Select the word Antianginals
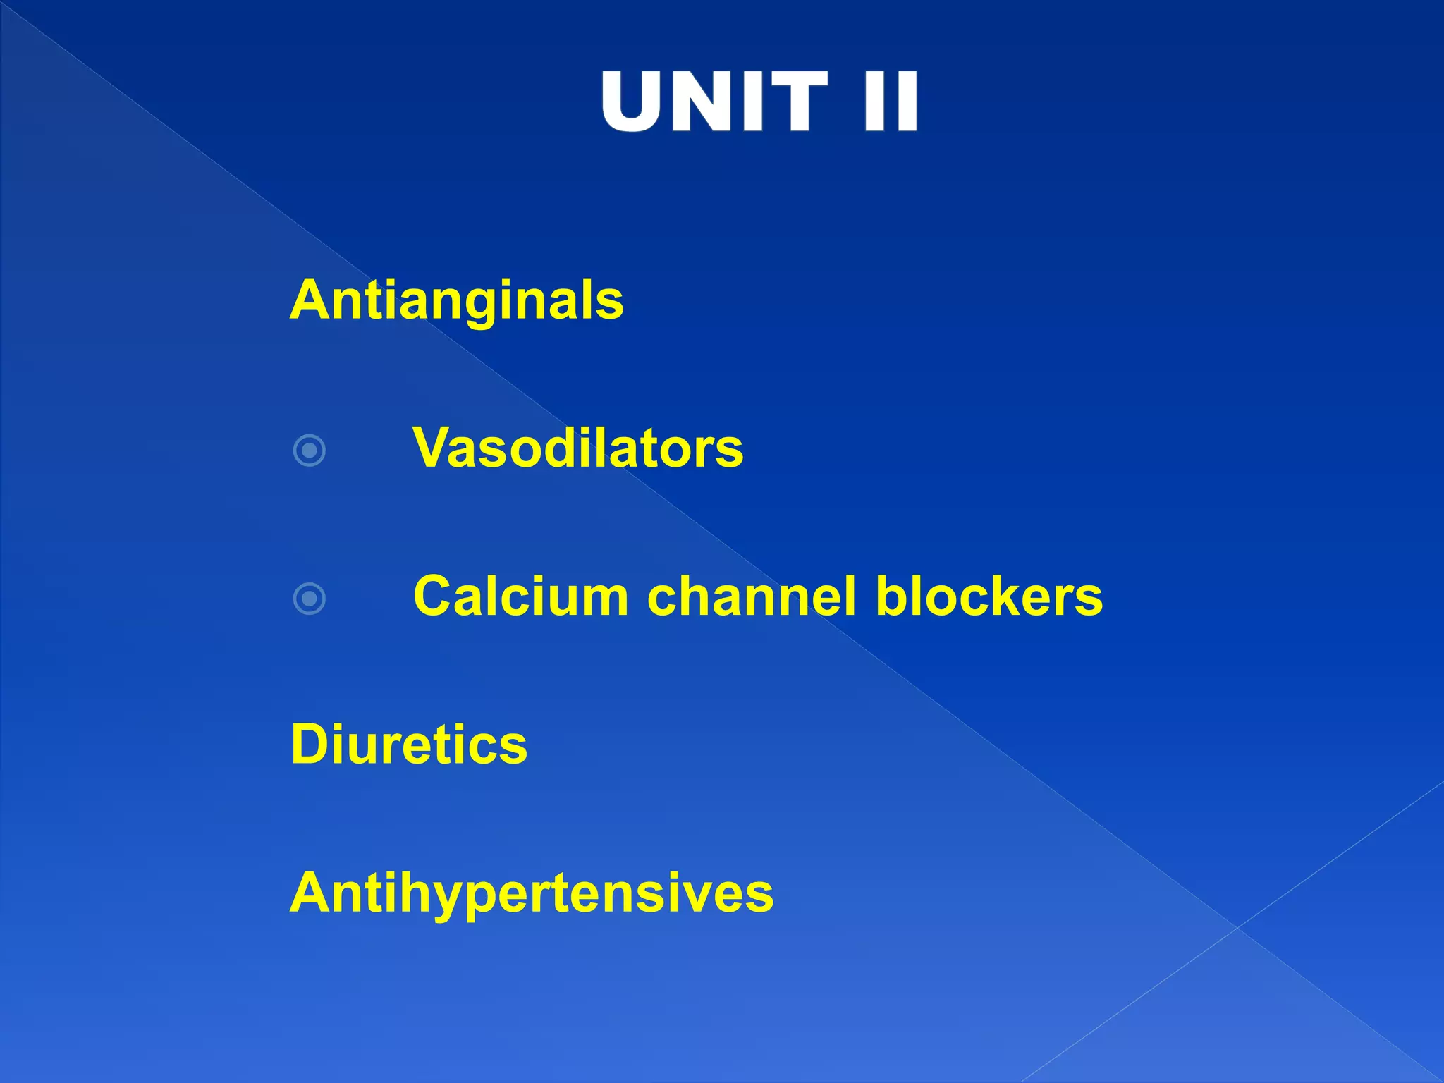click(x=457, y=300)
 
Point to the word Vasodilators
click(x=578, y=448)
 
